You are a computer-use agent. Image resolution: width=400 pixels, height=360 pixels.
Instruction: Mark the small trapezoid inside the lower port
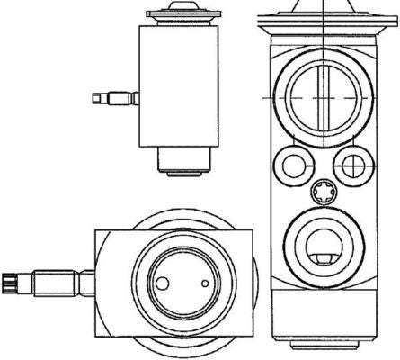point(322,262)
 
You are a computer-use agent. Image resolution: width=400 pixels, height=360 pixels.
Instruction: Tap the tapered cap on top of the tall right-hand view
point(324,7)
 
